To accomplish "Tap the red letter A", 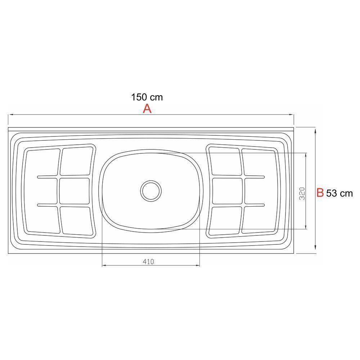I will pos(147,108).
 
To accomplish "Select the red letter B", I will pos(320,193).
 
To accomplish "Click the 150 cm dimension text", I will pos(147,97).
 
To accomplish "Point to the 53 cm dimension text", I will pos(339,194).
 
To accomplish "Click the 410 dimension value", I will pos(148,262).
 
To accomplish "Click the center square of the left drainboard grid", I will pos(75,191).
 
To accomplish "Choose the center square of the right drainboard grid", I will pos(227,191).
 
